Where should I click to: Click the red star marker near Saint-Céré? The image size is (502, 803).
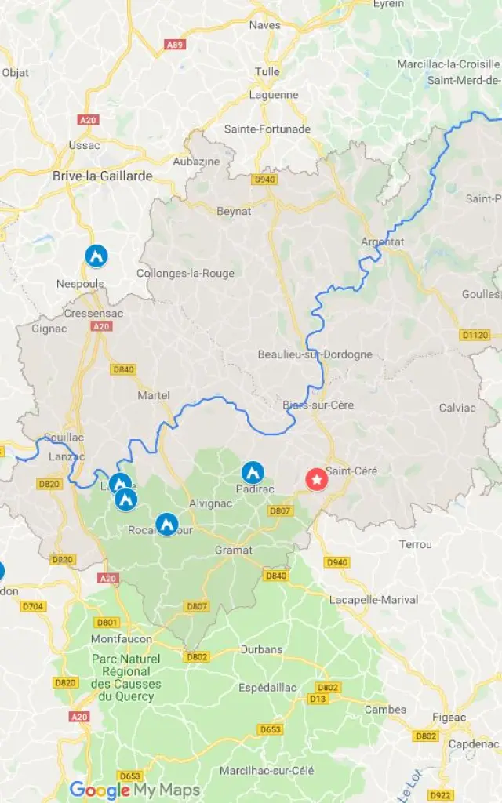point(316,479)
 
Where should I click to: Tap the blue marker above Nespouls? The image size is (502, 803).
point(96,255)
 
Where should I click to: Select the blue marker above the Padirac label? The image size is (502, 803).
point(252,471)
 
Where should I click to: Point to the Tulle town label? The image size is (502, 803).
point(267,71)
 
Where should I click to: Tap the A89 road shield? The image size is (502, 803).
point(175,45)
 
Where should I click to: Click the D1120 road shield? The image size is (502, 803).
point(475,335)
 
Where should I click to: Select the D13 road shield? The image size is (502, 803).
point(318,699)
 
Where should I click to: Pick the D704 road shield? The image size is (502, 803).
point(33,605)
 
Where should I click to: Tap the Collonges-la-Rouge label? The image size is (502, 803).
point(185,273)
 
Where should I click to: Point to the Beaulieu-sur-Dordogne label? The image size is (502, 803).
point(315,354)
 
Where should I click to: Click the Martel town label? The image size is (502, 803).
point(154,395)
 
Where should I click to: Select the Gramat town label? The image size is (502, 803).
point(234,550)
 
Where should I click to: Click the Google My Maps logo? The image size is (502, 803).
point(134,790)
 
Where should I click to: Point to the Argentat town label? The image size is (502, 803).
point(382,242)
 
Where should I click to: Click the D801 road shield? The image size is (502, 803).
point(107,623)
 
